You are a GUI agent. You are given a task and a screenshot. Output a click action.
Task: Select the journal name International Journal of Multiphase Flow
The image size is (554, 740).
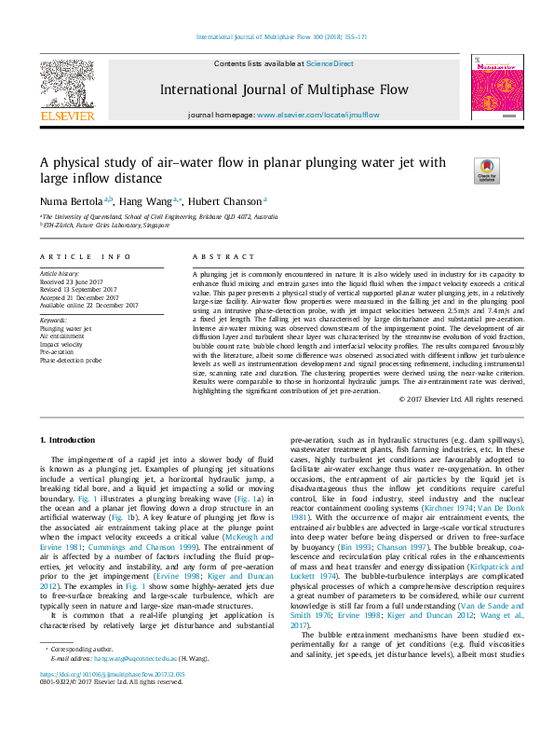[x=284, y=90]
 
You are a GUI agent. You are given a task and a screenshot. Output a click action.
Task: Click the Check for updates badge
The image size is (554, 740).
[x=486, y=171]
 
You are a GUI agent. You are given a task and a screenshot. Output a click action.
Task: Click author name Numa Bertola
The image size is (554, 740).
[x=73, y=200]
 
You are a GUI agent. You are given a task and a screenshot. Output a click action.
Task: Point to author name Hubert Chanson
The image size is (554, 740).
[x=238, y=200]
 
